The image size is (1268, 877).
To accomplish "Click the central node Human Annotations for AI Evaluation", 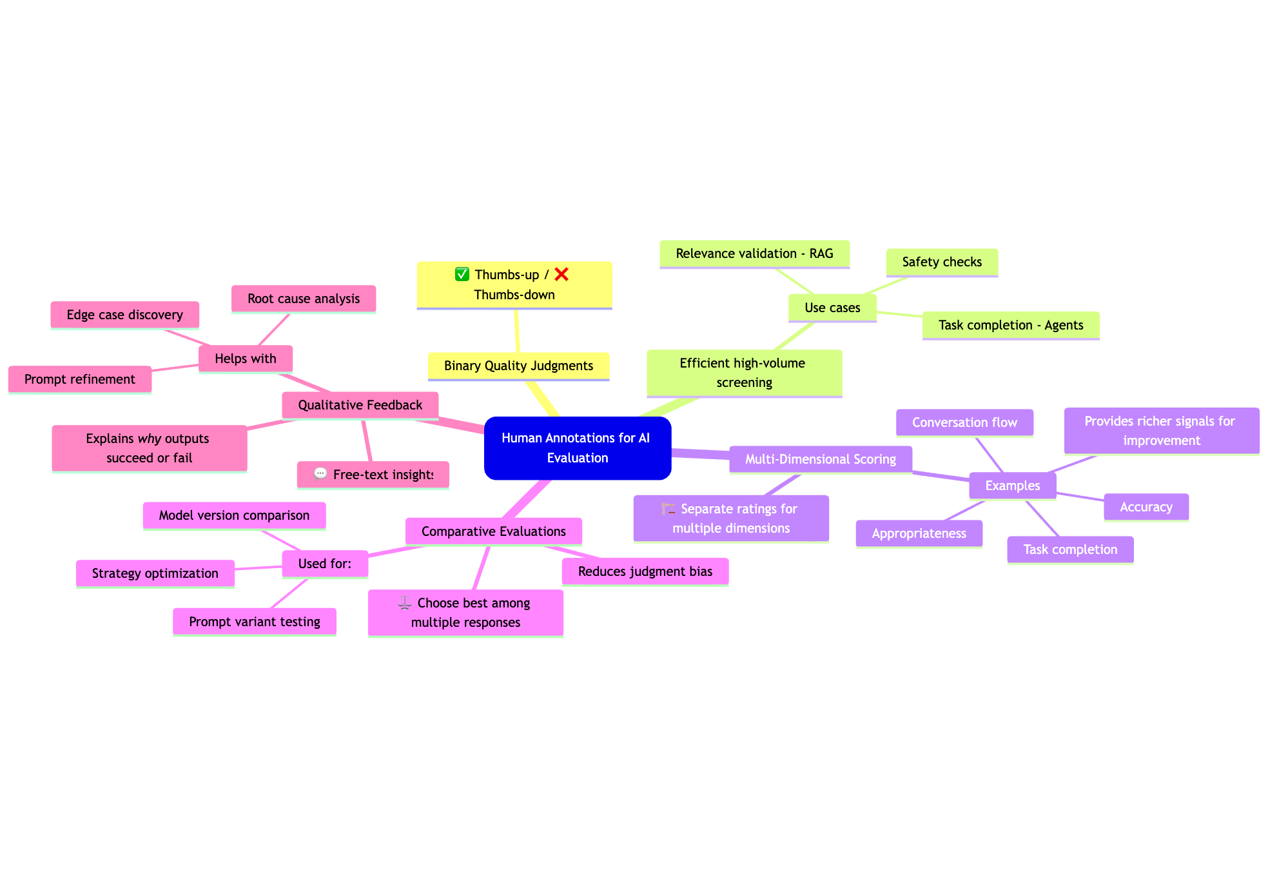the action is coord(577,448).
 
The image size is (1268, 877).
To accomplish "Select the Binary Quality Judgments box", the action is coord(518,366).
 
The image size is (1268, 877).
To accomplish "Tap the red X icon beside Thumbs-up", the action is coord(561,275).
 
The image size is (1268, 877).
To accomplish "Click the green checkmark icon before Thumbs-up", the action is coord(462,275).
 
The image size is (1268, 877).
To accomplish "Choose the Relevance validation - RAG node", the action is coord(754,253).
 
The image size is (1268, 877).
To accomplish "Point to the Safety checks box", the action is coord(942,262).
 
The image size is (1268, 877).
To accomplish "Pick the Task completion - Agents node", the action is coord(1010,325).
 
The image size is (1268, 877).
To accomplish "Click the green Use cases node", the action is coord(832,308).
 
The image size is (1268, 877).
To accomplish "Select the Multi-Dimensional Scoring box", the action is coord(820,459).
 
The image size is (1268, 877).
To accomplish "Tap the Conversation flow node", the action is coord(964,422).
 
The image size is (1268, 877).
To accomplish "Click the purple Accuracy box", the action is coord(1146,507).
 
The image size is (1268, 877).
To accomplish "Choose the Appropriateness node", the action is coord(919,533).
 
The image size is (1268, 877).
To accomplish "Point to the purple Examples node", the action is coord(1012,486).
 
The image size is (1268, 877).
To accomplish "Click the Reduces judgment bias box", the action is coord(645,571).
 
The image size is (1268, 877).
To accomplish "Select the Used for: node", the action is coord(325,564).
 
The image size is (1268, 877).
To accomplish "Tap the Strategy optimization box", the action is coord(155,573).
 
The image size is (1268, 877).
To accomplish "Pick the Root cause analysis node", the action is coord(304,299).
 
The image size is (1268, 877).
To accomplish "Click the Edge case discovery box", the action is coord(124,315).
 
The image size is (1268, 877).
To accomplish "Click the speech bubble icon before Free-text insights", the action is coord(320,474).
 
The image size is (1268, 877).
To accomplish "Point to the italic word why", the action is coord(150,438).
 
